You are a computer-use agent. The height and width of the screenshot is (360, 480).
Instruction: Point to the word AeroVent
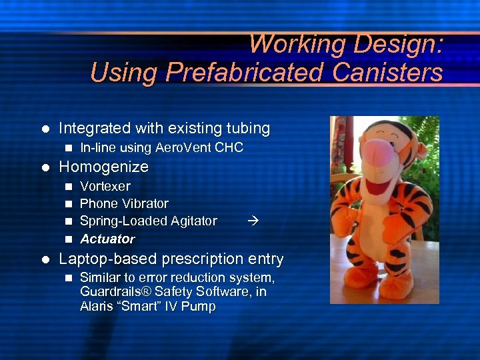tap(188, 147)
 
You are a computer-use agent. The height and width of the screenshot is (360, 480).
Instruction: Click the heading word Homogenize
tap(103, 166)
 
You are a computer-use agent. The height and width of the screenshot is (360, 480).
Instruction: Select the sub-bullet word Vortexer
tap(105, 186)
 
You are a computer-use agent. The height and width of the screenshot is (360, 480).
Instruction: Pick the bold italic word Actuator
tap(107, 239)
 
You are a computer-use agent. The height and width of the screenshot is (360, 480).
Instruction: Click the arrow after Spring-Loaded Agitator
tap(252, 221)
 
